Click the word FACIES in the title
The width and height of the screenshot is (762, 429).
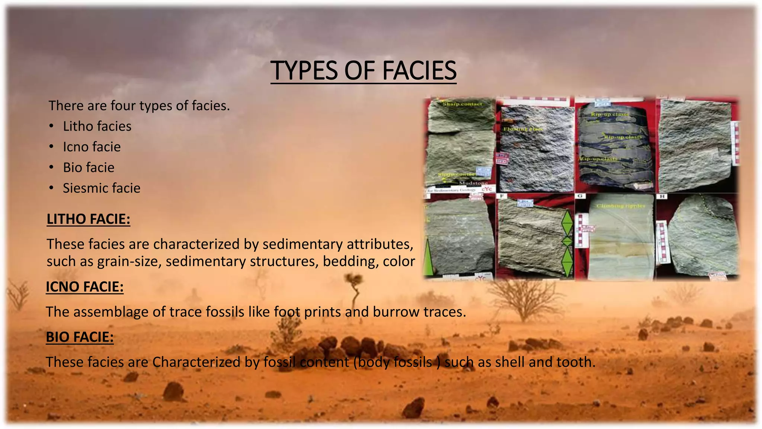click(419, 70)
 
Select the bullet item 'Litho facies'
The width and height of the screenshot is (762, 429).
click(97, 126)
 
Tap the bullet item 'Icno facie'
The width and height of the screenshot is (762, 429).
click(92, 147)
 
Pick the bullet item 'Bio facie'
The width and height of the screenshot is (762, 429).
click(89, 168)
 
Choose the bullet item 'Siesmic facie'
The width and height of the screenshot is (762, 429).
click(102, 188)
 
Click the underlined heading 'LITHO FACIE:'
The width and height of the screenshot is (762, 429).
click(89, 219)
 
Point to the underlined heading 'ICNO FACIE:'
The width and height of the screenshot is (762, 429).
click(85, 287)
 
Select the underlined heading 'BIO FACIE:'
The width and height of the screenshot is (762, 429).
click(80, 337)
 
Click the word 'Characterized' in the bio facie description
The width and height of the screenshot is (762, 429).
click(196, 362)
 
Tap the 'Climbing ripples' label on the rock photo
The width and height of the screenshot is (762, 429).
click(621, 206)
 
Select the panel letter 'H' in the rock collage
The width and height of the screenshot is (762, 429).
click(662, 196)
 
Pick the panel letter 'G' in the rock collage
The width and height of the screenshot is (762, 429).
click(580, 196)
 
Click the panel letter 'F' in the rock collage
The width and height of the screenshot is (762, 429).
click(502, 196)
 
